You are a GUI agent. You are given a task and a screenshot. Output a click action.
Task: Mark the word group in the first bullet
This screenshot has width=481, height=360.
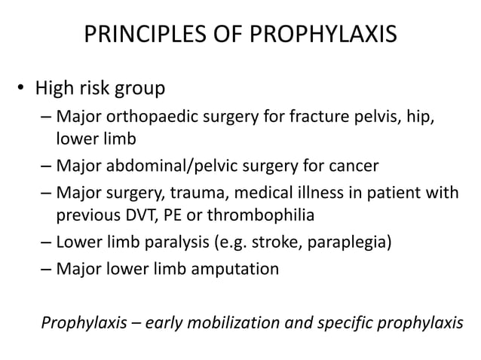pyautogui.click(x=139, y=90)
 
